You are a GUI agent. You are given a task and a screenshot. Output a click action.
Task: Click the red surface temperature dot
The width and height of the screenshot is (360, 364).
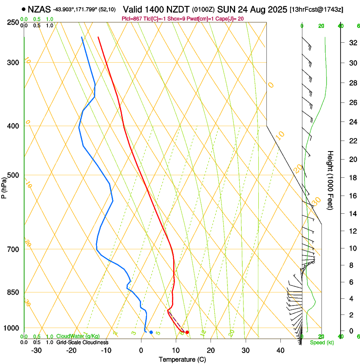(x=187, y=332)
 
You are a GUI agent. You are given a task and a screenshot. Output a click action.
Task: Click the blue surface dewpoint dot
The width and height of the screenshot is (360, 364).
(x=151, y=332)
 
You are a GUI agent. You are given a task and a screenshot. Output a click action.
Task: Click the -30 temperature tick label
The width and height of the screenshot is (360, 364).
(x=36, y=350)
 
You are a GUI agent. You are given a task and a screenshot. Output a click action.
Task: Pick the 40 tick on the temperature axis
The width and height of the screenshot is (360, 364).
(x=280, y=350)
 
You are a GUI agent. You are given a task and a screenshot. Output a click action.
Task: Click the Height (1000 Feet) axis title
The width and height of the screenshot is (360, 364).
(x=330, y=180)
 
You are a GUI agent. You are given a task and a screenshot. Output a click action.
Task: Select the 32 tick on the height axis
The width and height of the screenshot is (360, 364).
(x=352, y=43)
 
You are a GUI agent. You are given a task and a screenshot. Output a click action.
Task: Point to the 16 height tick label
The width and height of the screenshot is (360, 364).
(x=352, y=196)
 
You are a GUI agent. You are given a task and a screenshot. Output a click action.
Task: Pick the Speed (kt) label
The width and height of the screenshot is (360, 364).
(x=321, y=342)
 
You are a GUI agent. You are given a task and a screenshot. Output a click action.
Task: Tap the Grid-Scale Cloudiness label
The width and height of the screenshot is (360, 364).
(x=82, y=342)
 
